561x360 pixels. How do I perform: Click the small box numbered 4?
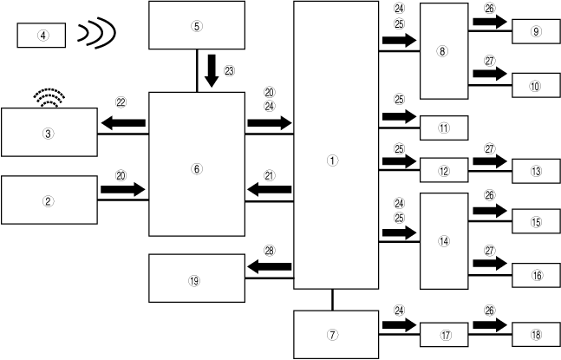point(42,36)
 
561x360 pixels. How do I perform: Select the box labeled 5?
point(197,26)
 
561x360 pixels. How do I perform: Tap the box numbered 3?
point(49,133)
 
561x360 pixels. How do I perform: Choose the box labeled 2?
point(49,200)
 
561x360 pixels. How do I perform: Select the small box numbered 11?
point(443,128)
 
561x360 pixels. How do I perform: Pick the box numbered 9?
point(537,32)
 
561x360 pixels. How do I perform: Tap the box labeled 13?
point(537,171)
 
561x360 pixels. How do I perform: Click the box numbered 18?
point(537,334)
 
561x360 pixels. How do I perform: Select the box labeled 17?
point(443,334)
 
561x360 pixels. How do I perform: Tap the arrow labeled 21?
point(270,188)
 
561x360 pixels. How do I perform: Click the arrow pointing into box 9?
point(490,22)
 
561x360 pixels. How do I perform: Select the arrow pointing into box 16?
point(490,263)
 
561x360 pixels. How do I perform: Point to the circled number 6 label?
point(196,169)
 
